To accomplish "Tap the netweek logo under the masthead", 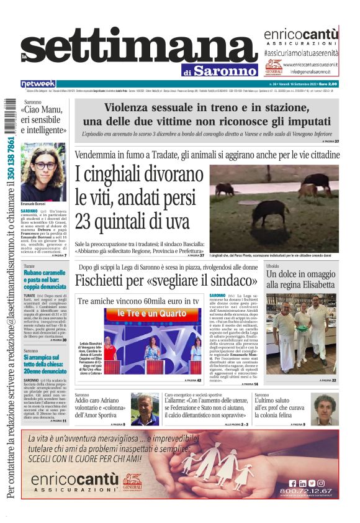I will (x=38, y=83).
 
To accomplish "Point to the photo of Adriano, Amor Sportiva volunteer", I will (x=144, y=408).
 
